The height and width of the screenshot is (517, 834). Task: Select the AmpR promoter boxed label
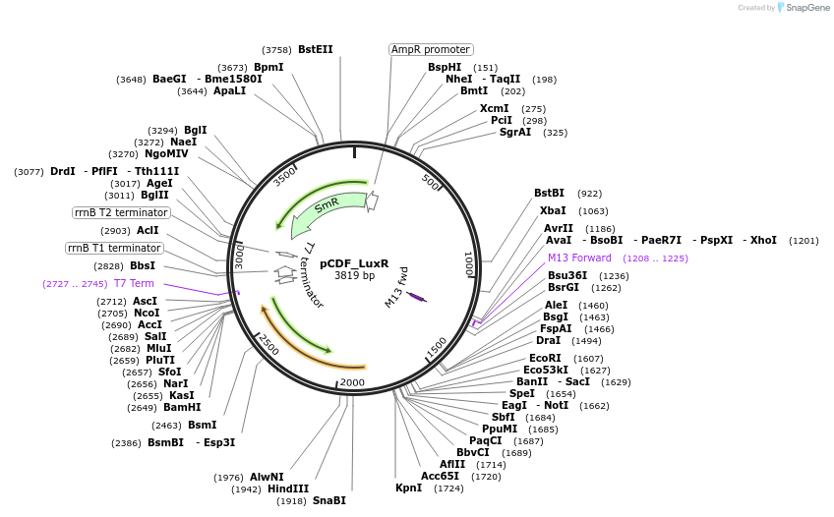pos(431,49)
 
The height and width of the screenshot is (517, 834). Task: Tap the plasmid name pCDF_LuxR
pos(354,263)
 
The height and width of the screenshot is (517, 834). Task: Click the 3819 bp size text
pos(354,276)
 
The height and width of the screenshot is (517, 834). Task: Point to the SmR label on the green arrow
pos(327,206)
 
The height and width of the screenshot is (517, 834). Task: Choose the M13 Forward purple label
pos(579,258)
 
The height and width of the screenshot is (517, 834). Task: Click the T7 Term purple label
pos(134,283)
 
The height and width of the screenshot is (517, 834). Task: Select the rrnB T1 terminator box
pos(114,248)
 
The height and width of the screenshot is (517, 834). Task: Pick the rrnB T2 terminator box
pos(121,212)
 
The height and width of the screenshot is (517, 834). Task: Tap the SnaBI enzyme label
pos(328,500)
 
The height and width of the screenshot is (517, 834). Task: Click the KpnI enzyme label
pos(408,488)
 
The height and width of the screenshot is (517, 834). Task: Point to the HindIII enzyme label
pos(288,488)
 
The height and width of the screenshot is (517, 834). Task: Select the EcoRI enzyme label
pos(545,358)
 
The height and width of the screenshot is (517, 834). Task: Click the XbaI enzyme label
pos(553,210)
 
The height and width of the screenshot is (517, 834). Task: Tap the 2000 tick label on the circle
pos(352,382)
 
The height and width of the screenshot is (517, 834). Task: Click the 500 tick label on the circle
pos(431,181)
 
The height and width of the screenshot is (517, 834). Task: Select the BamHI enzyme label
pos(182,407)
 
